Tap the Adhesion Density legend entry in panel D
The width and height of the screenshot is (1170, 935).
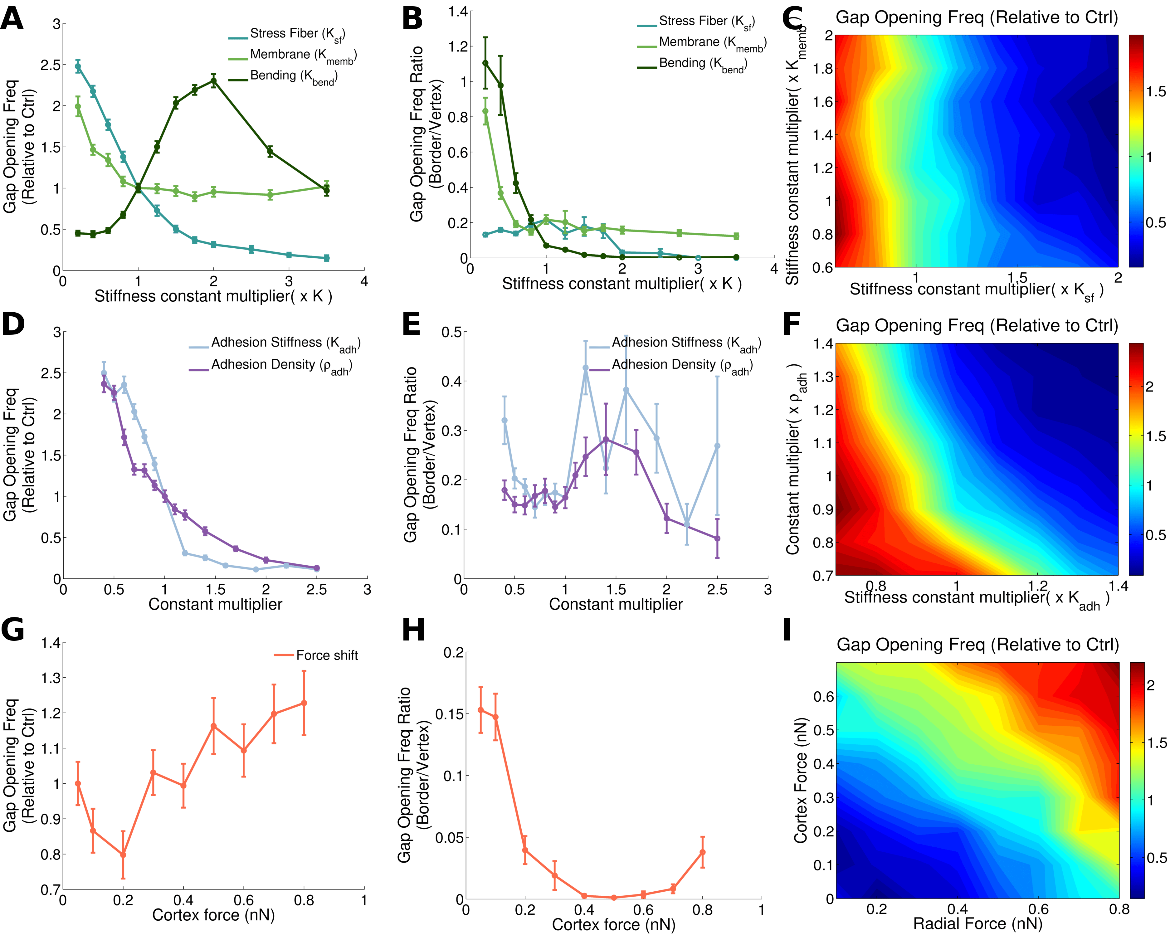(x=281, y=366)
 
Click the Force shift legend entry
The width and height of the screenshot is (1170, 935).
(x=326, y=655)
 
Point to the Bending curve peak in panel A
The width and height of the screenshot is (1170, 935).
(x=213, y=81)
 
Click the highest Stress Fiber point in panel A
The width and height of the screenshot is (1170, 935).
(x=78, y=67)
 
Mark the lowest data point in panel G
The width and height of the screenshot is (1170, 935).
(x=123, y=855)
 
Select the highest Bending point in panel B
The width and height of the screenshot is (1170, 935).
(x=485, y=63)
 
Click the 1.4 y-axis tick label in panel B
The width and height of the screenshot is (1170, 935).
(x=457, y=12)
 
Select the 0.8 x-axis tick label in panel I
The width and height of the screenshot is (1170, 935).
(x=1119, y=909)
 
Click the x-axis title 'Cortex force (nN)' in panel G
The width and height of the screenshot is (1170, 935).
(x=213, y=915)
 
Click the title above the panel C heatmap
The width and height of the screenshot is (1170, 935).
(x=977, y=17)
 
